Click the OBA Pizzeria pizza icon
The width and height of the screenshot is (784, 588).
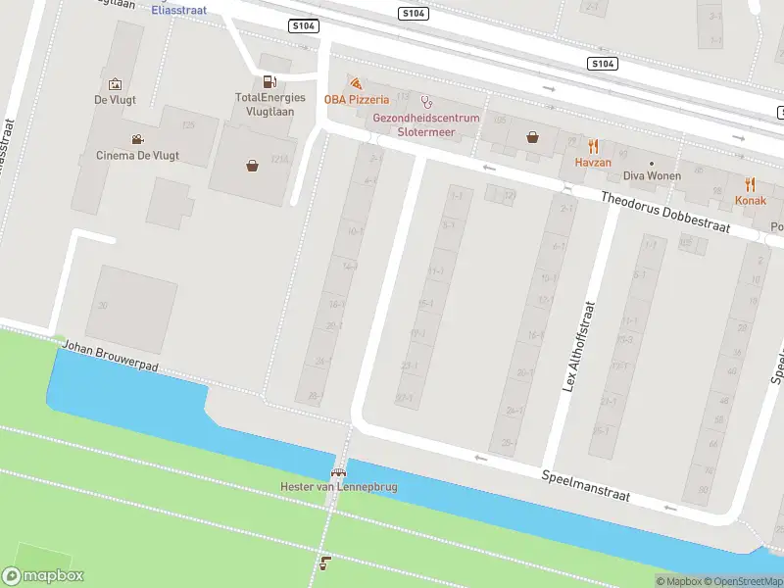pos(356,84)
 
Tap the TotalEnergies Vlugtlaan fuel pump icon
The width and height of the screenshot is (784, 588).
pos(269,82)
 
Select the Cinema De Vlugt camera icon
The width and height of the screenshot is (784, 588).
pos(137,139)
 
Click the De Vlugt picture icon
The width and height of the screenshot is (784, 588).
pos(115,84)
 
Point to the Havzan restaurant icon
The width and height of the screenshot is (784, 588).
pos(593,145)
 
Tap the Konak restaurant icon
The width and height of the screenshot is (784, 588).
pos(751,184)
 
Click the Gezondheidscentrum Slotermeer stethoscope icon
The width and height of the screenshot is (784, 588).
pos(426,101)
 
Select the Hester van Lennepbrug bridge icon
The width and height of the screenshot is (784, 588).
pos(338,471)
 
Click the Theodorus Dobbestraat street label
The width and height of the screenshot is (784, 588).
pos(679,212)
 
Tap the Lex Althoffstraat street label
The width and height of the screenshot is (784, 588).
pos(578,346)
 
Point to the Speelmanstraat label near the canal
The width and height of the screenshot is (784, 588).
pos(586,486)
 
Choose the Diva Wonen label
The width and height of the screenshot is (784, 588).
pos(652,177)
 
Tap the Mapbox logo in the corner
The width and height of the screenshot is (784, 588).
pos(43,576)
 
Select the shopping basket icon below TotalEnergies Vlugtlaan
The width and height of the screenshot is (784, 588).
pos(253,165)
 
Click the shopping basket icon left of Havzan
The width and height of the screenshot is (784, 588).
pos(532,137)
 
